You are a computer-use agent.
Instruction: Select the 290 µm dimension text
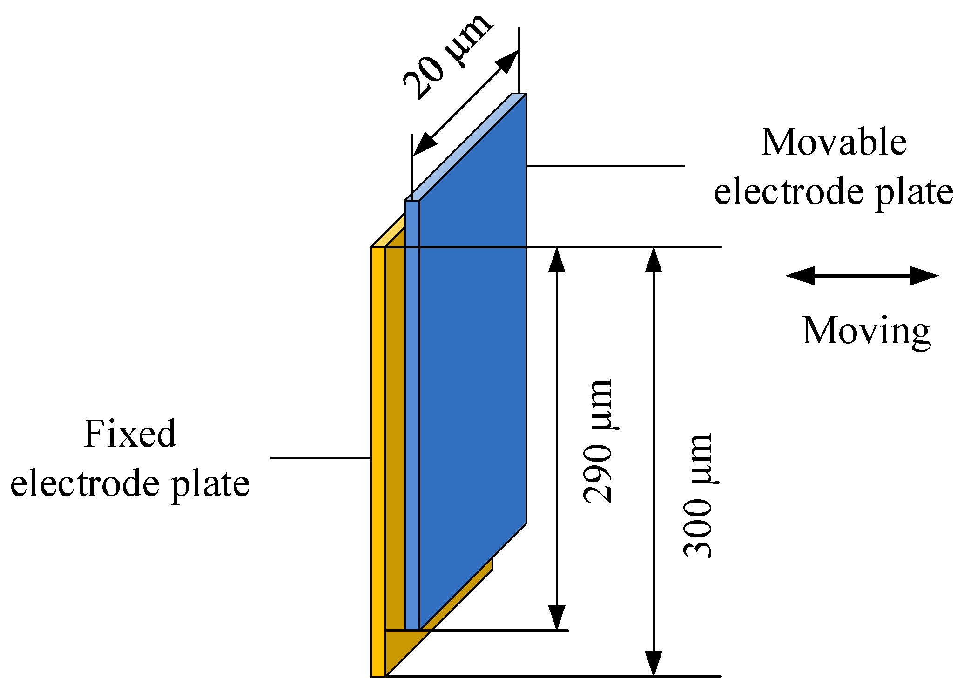(x=598, y=441)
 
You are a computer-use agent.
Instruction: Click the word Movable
(x=834, y=142)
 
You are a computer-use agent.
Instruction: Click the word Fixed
(x=130, y=434)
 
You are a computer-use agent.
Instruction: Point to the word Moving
(x=866, y=331)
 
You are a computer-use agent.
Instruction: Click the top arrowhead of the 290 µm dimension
(x=557, y=261)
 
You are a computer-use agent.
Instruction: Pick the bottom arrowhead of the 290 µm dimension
(x=557, y=617)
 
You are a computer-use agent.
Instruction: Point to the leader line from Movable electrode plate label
(x=605, y=166)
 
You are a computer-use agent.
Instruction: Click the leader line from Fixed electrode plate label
(x=321, y=458)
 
